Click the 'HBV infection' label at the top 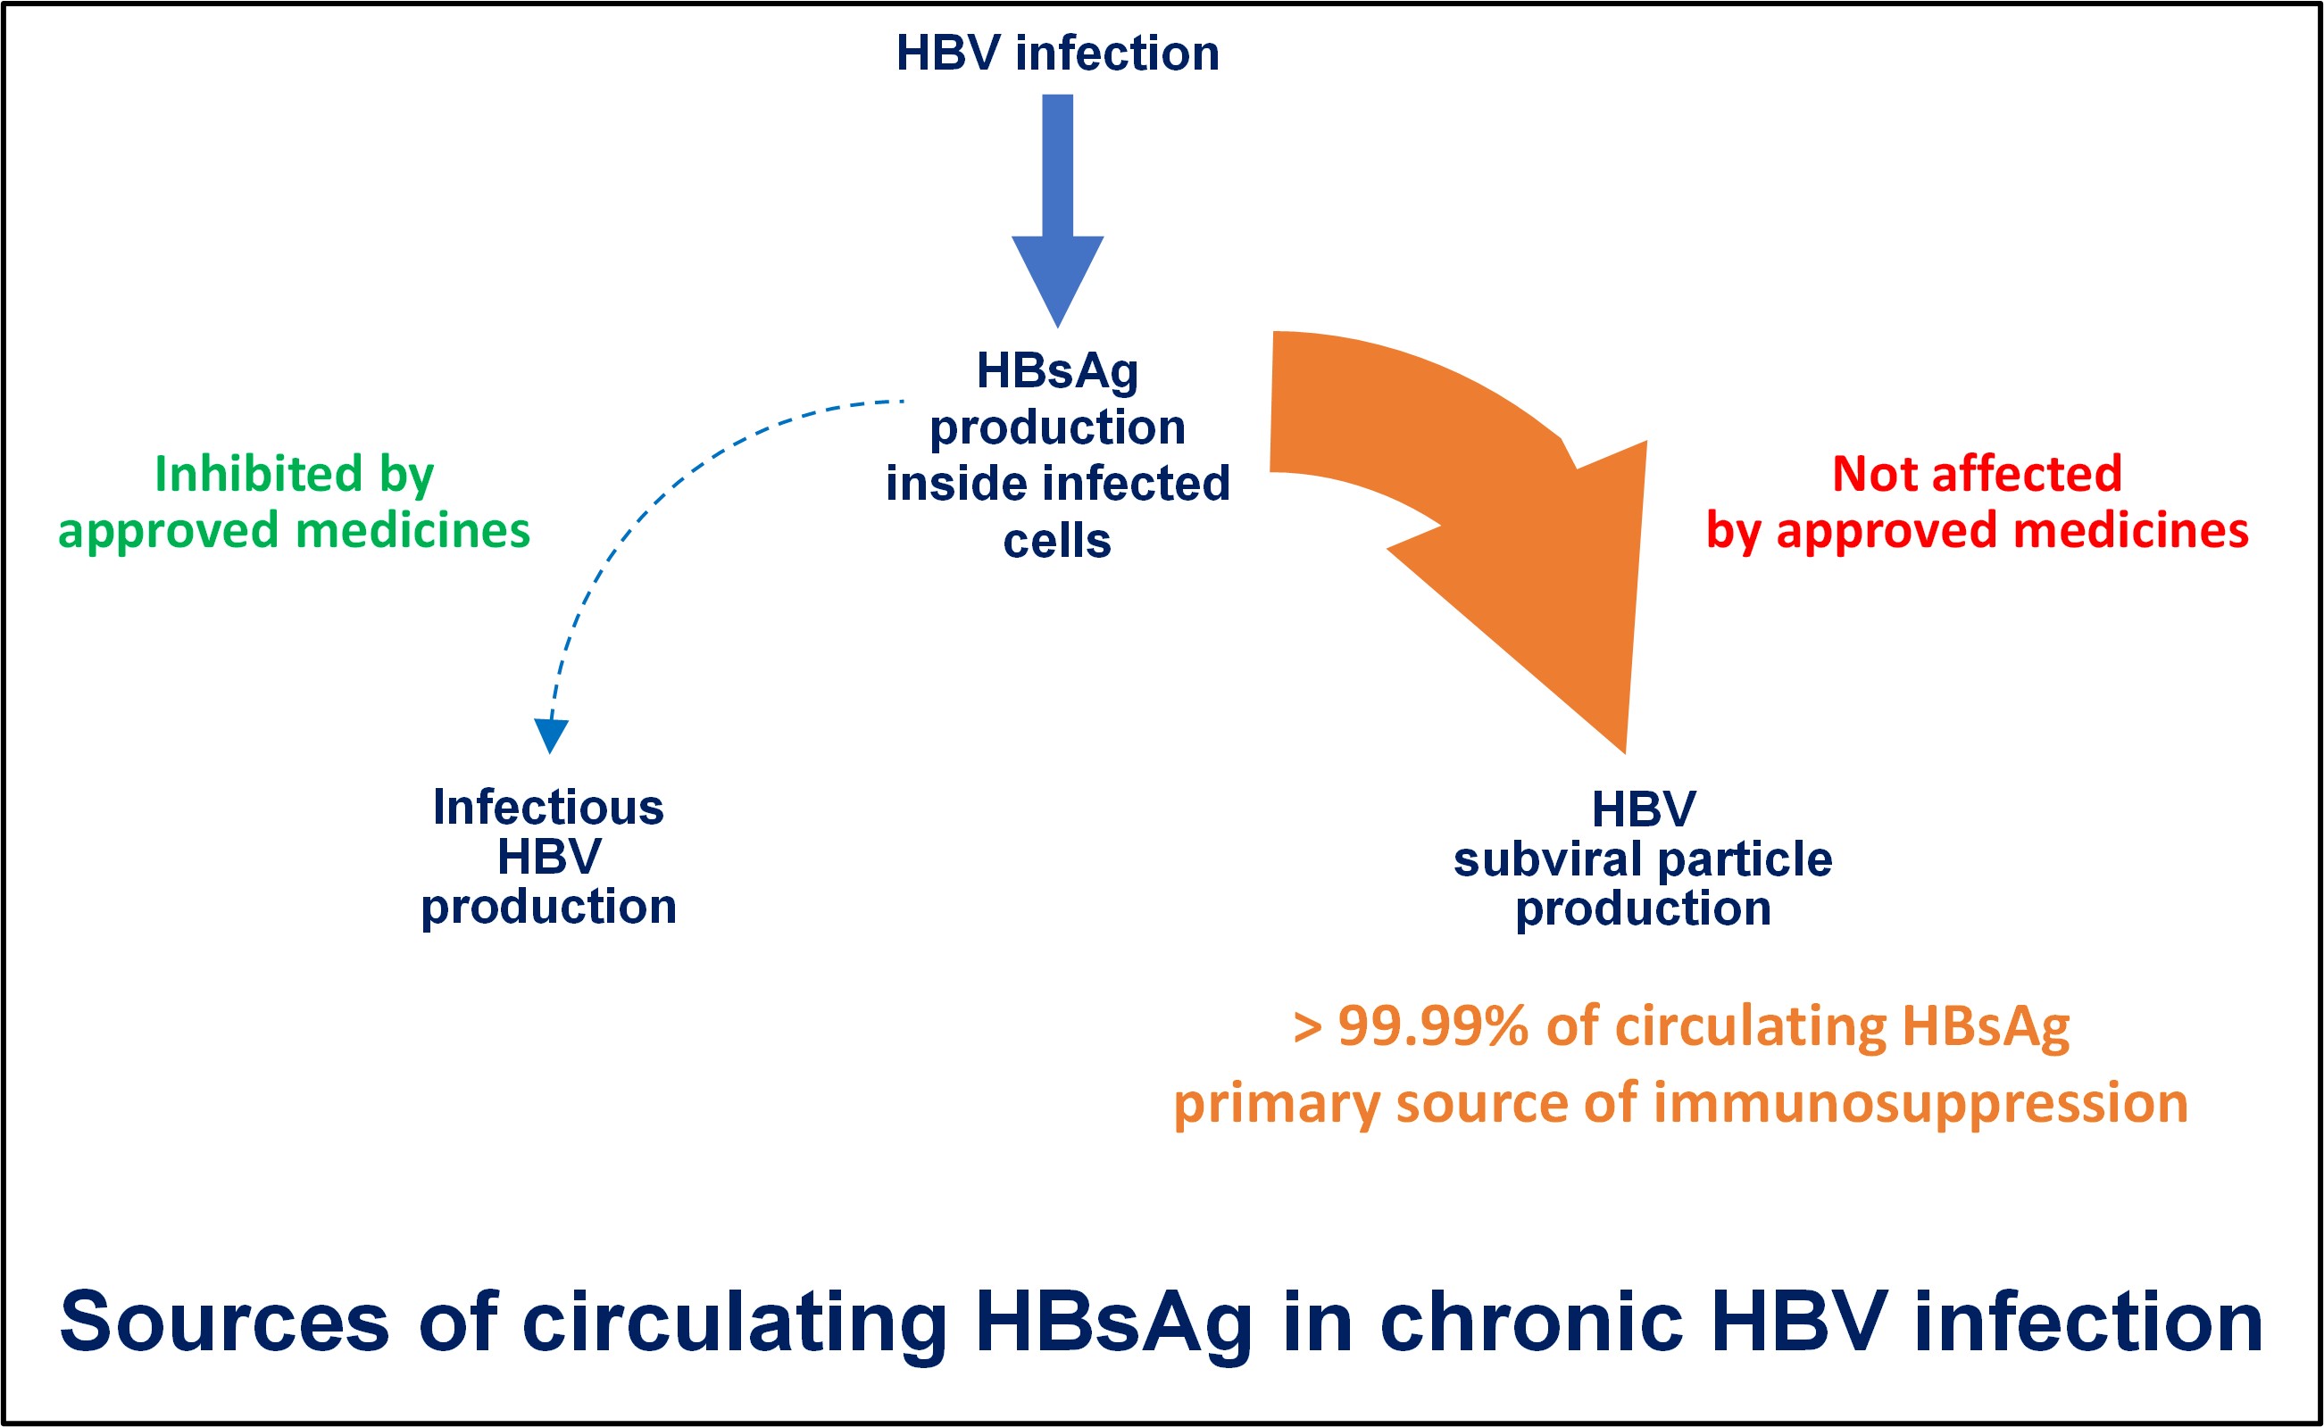point(1057,53)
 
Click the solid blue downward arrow point(1057,211)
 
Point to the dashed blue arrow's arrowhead point(550,736)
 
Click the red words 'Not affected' point(1977,474)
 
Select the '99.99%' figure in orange point(1433,1026)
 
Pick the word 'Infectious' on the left point(548,808)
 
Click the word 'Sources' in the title point(225,1323)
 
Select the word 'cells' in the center point(1057,542)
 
